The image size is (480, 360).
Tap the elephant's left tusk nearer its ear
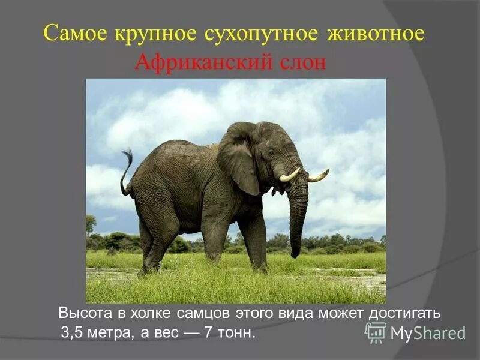[289, 175]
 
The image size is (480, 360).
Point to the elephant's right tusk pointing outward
[319, 176]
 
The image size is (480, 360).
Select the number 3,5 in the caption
[72, 333]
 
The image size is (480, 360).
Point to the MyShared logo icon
[376, 332]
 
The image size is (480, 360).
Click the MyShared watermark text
[428, 333]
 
